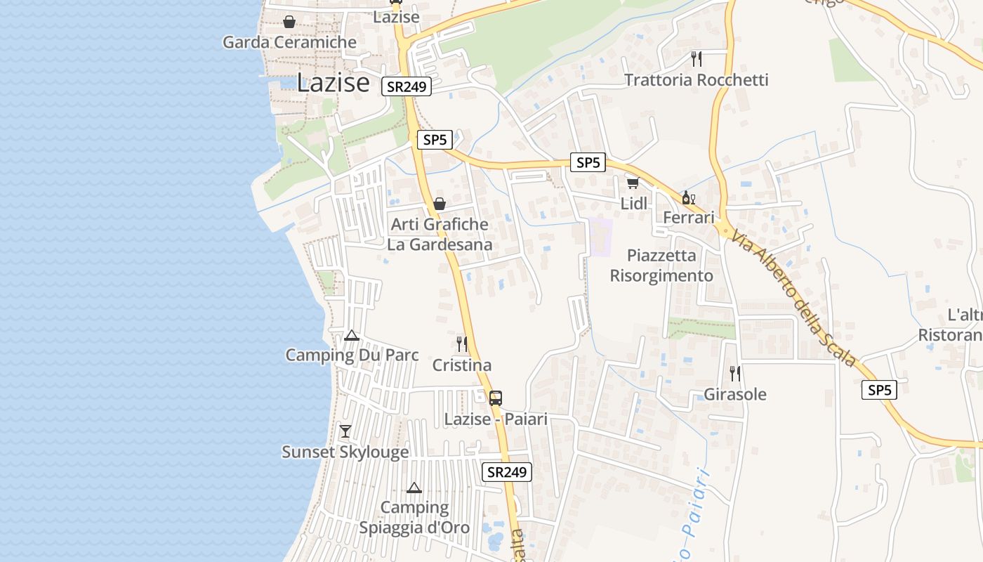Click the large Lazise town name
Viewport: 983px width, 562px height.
tap(333, 82)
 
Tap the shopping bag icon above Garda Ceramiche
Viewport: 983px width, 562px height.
tap(289, 22)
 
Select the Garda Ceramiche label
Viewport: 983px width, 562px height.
tap(289, 42)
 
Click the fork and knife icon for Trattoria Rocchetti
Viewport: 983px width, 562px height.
tap(696, 58)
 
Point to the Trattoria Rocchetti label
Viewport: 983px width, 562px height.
tap(696, 80)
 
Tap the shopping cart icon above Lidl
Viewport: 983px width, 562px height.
tap(633, 183)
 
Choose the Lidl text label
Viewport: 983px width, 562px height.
tap(633, 204)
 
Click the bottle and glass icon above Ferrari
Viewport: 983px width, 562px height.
tap(688, 197)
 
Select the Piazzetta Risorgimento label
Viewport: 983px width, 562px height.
tap(661, 266)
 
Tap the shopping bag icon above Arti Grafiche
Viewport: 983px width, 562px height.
tap(440, 204)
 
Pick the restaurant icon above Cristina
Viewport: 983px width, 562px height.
tap(461, 344)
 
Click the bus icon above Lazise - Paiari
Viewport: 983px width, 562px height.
tap(496, 398)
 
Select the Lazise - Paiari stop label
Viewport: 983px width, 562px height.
tap(496, 419)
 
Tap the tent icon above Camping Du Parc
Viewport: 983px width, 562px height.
tap(352, 335)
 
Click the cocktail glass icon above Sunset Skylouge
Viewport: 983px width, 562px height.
tap(345, 431)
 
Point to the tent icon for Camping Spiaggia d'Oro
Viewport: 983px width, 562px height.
tap(414, 488)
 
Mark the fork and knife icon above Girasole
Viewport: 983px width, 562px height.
tap(734, 373)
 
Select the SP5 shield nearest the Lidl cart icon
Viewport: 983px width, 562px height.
tap(588, 163)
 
